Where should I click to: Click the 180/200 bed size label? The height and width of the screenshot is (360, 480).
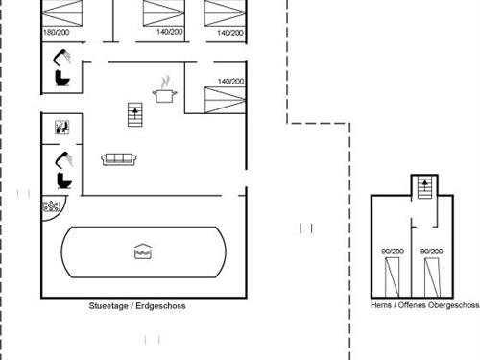(x=56, y=32)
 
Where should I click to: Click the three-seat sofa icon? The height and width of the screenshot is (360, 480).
(x=117, y=159)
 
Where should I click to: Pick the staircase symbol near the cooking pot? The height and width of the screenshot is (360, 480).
(x=134, y=114)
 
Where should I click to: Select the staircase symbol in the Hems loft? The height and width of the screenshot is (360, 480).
(x=422, y=187)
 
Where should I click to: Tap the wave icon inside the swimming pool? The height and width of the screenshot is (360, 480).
(x=143, y=252)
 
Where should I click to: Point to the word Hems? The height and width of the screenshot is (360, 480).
(x=381, y=306)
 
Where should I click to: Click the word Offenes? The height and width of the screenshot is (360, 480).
(x=411, y=306)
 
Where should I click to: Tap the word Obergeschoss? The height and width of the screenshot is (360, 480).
(x=454, y=306)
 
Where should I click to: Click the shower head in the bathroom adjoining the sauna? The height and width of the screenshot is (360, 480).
(x=63, y=156)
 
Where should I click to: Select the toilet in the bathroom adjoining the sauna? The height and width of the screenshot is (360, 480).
(x=64, y=179)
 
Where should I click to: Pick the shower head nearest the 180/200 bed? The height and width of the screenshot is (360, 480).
(x=62, y=55)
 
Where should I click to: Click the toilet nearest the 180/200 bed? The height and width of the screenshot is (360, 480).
(x=63, y=77)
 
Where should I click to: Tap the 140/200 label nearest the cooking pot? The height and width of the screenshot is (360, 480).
(x=230, y=82)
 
